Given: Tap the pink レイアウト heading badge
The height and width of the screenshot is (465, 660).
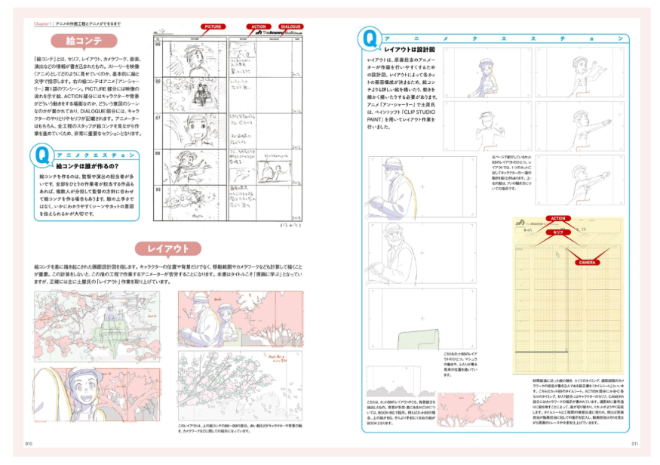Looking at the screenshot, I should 168,249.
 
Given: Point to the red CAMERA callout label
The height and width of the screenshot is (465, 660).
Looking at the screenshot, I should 588,263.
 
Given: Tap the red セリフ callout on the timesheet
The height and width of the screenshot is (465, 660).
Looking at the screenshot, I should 556,233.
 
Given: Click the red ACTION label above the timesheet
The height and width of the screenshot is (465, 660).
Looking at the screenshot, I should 557,218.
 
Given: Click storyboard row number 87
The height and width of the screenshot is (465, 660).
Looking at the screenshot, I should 158,118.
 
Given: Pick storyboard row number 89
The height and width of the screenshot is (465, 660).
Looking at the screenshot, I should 158,189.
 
